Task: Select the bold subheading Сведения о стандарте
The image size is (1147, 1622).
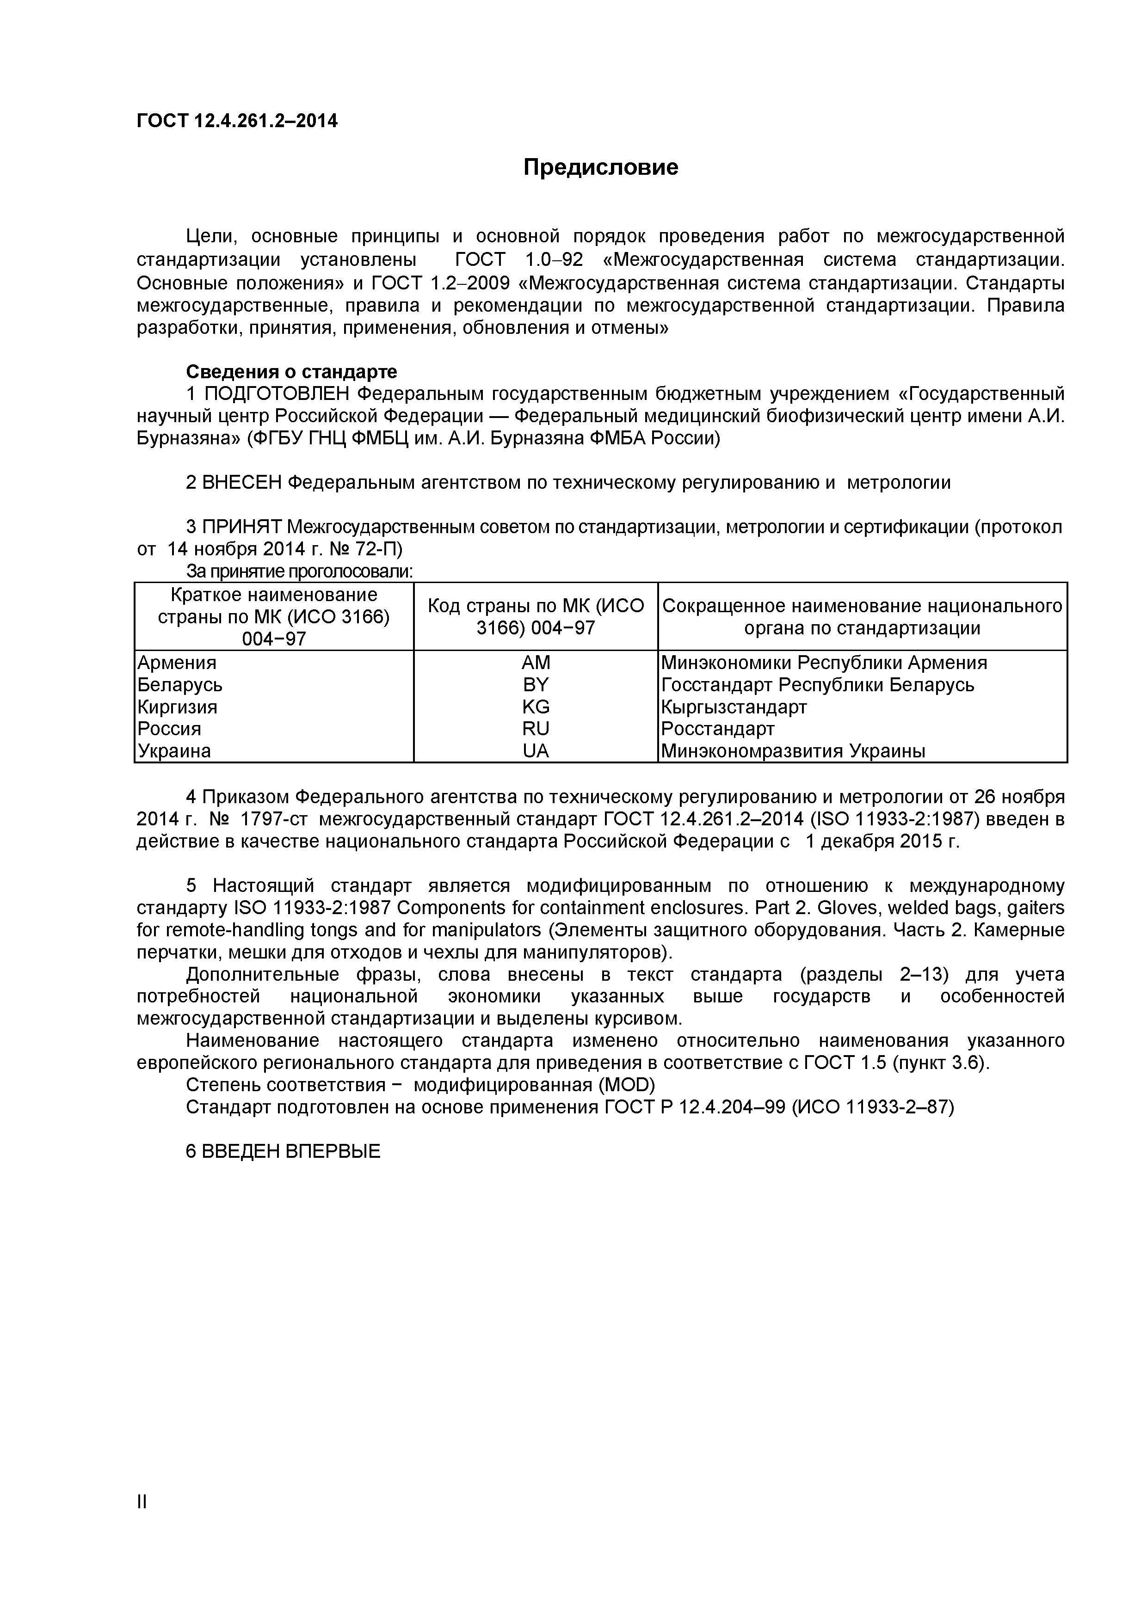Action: point(291,372)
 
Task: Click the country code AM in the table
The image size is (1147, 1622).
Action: point(535,663)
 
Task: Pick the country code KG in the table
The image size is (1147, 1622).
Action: point(535,707)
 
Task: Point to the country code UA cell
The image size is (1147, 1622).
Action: point(535,751)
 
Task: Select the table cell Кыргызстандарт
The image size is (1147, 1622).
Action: point(734,707)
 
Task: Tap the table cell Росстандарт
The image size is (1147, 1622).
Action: point(717,728)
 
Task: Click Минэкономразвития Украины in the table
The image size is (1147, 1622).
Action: point(792,751)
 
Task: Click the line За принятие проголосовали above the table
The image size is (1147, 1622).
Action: point(299,571)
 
